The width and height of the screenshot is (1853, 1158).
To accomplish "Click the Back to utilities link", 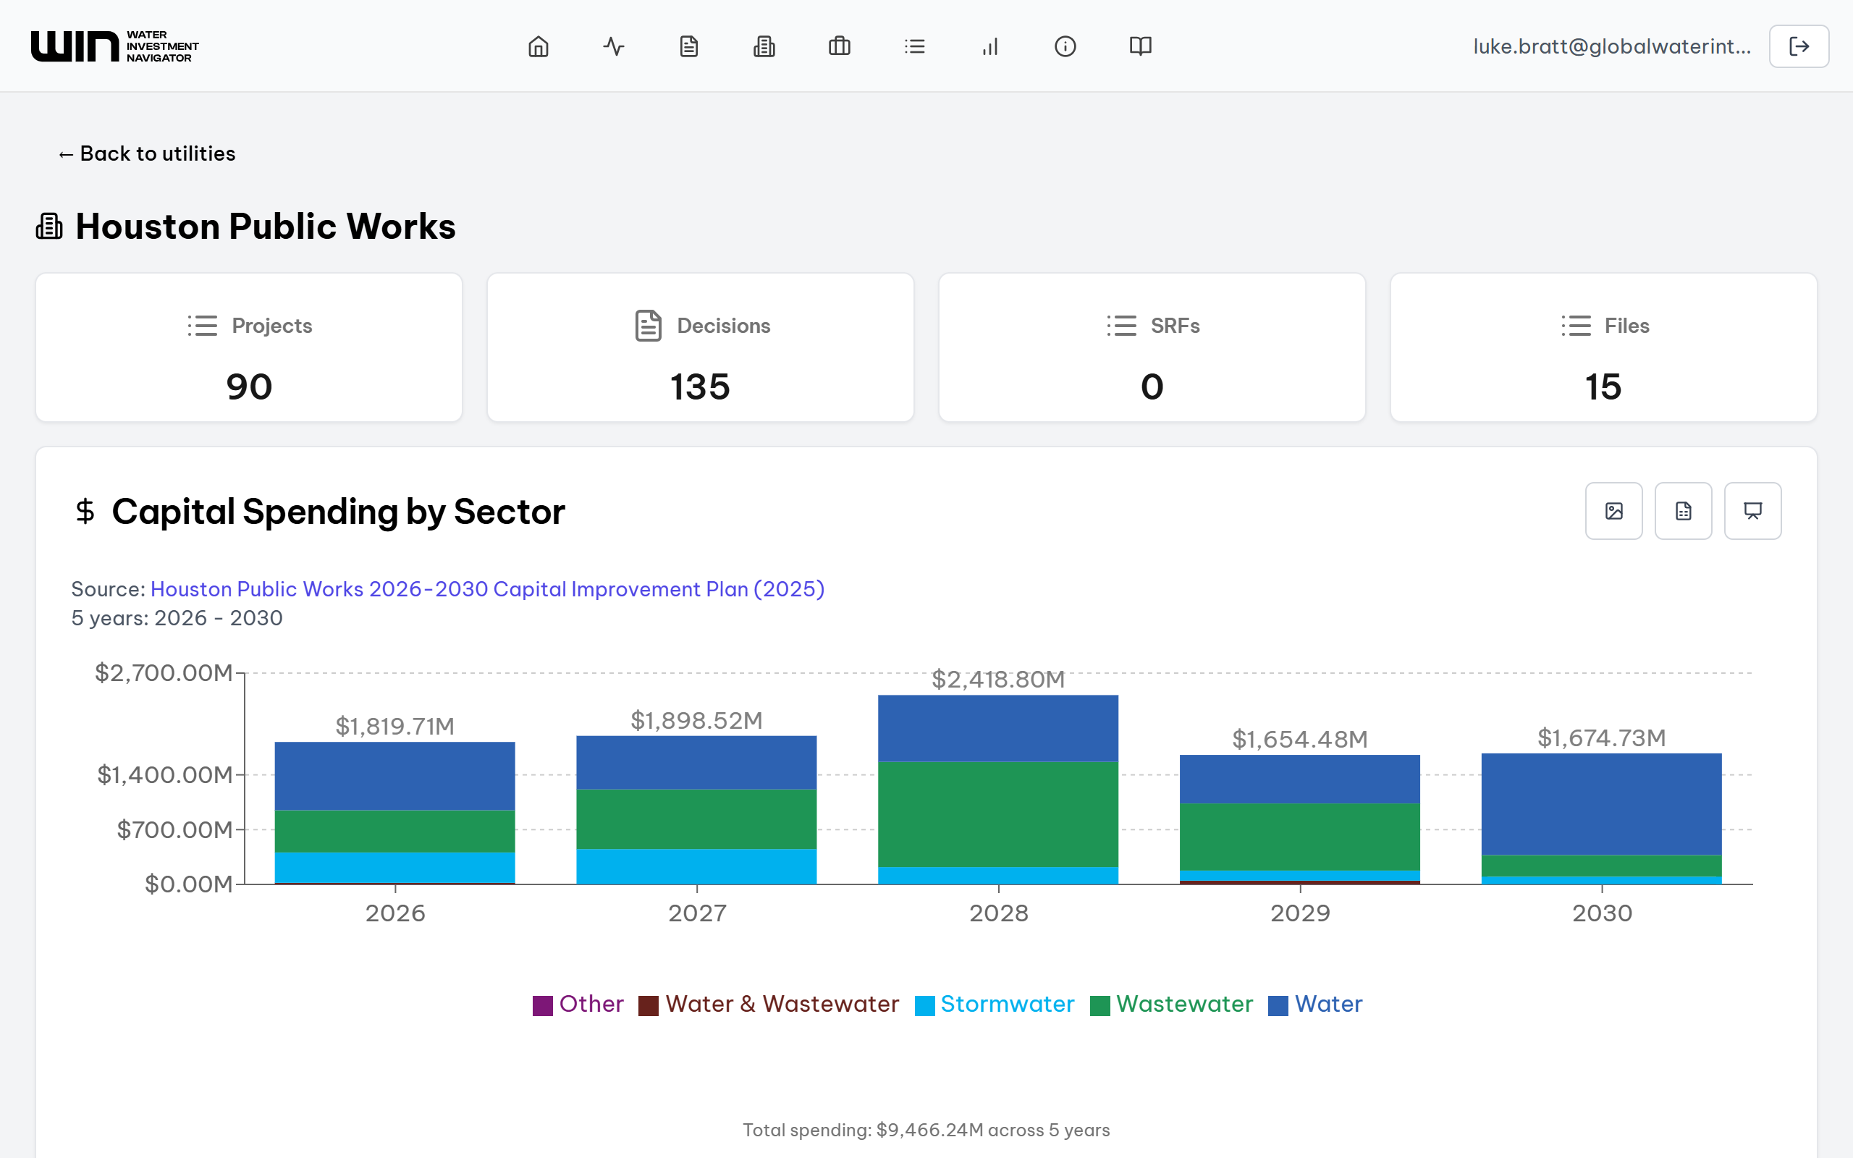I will click(x=147, y=154).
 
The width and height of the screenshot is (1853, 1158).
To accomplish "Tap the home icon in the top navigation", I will click(x=539, y=47).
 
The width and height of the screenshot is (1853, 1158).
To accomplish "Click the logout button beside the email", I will click(x=1798, y=47).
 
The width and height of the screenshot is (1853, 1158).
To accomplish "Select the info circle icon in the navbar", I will click(x=1065, y=47).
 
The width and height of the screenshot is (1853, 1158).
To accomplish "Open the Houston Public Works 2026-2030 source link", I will click(x=487, y=589).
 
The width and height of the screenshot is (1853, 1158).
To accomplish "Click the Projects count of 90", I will click(x=249, y=386).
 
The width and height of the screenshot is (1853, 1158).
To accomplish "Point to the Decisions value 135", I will click(x=700, y=386).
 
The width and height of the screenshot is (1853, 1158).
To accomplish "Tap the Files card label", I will click(x=1626, y=326).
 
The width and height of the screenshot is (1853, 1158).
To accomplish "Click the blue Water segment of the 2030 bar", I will click(x=1601, y=804).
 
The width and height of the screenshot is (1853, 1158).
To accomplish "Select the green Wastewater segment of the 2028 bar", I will click(x=997, y=813).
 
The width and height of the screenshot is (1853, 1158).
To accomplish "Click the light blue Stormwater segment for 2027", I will click(x=696, y=866).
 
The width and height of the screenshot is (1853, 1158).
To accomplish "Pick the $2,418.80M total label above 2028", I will click(x=997, y=680).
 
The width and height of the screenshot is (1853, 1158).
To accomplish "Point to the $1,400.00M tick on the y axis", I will click(x=164, y=775).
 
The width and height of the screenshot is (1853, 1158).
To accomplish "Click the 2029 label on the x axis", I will click(x=1299, y=913).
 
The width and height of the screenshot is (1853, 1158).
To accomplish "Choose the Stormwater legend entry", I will click(x=1006, y=1004).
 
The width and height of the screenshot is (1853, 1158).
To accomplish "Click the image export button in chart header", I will click(x=1613, y=511).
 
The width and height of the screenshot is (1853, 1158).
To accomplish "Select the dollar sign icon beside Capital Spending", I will click(x=85, y=511).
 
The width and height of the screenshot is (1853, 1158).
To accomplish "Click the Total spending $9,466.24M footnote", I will click(x=926, y=1130).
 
